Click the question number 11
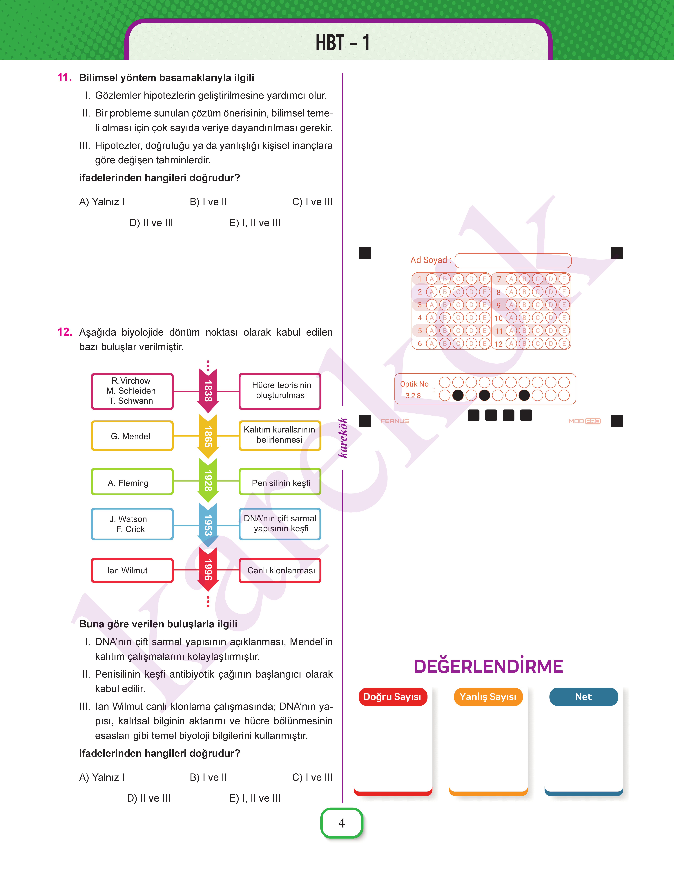(64, 77)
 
